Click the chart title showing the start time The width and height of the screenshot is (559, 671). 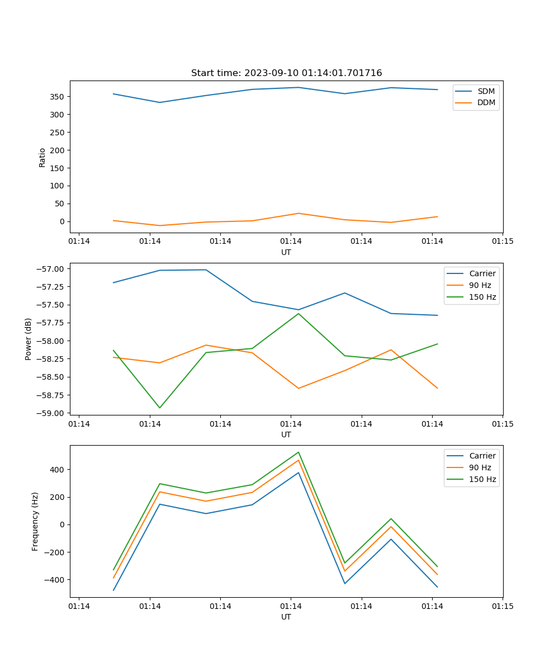tap(286, 73)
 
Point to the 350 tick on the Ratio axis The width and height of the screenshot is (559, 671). tap(58, 97)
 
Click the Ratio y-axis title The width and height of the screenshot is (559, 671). tap(42, 157)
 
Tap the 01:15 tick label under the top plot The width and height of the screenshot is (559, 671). tap(502, 242)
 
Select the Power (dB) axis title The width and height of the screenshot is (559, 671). tap(28, 339)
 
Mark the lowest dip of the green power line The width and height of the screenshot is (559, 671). tap(160, 408)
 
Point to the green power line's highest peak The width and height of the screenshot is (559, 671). tap(299, 313)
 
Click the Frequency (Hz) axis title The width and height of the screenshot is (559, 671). tap(35, 521)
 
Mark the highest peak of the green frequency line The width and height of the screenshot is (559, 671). tap(299, 452)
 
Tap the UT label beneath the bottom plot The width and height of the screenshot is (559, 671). tap(286, 617)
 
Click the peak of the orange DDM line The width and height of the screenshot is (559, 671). tap(299, 213)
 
